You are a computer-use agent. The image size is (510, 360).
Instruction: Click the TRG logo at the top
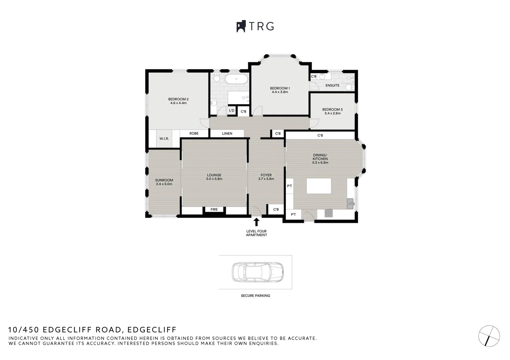pos(255,26)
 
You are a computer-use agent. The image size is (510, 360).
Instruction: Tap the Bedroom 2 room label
pos(178,99)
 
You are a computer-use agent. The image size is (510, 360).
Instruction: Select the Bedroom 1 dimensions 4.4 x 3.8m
pos(280,92)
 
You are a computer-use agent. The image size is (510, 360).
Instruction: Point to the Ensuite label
pos(332,85)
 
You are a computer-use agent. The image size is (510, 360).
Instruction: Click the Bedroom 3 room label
pos(332,109)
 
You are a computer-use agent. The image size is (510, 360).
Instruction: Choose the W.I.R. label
pos(164,138)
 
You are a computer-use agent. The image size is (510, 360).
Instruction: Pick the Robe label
pos(194,133)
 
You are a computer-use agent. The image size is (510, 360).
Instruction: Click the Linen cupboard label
pos(227,134)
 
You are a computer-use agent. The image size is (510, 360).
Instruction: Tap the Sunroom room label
pos(164,180)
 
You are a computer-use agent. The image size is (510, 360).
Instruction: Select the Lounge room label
pos(214,175)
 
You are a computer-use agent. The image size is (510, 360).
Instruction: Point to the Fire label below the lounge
pos(214,210)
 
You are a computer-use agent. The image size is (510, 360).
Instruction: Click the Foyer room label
pos(266,175)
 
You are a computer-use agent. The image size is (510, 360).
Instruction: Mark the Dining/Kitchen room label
pos(320,157)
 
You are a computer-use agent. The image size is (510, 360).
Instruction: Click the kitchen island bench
pos(319,186)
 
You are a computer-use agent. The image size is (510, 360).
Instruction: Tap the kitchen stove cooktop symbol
pos(329,213)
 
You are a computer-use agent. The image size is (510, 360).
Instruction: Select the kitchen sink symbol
pos(350,203)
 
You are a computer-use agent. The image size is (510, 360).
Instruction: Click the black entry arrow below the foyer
pos(257,222)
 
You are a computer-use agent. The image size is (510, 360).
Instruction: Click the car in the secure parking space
pos(258,272)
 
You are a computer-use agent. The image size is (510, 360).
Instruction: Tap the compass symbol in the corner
pos(489,336)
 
